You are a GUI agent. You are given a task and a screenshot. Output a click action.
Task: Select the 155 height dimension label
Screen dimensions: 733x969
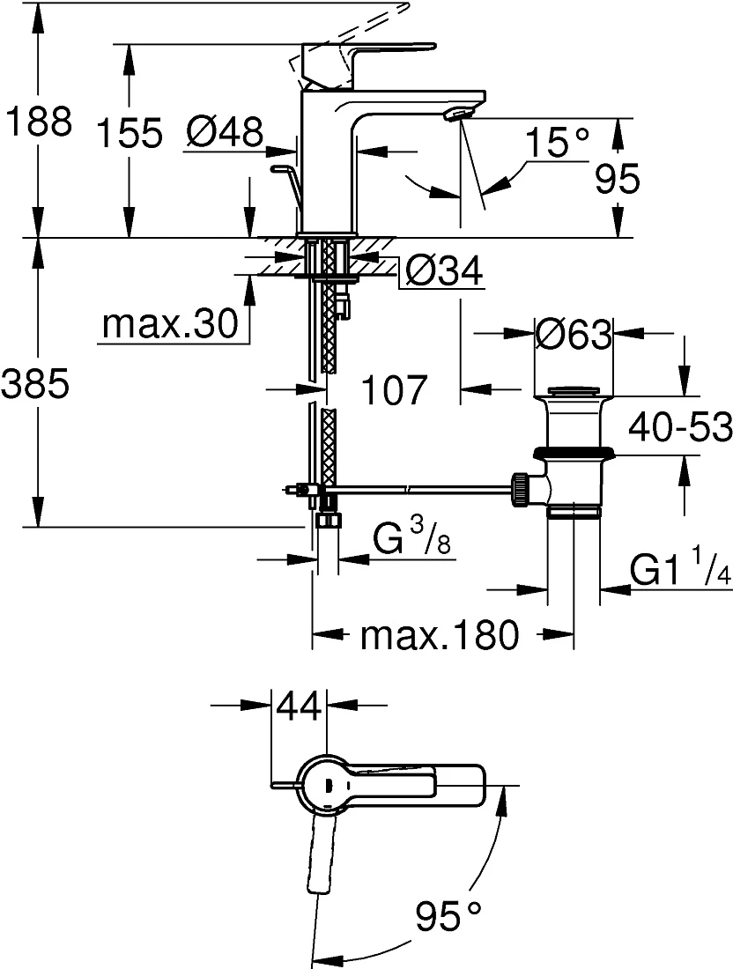(130, 132)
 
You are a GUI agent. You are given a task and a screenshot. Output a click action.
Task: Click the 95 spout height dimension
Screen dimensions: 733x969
(618, 179)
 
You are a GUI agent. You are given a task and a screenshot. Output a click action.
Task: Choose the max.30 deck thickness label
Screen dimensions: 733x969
(170, 323)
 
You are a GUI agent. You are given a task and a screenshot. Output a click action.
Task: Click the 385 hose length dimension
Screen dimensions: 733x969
(34, 384)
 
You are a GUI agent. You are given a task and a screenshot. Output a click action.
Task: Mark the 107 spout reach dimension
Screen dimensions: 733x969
(394, 390)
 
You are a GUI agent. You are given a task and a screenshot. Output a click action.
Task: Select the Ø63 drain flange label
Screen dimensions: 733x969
(574, 335)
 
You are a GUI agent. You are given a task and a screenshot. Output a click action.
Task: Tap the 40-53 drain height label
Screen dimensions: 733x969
(680, 427)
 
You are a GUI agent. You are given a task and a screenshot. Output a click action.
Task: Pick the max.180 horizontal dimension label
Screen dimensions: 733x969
(440, 634)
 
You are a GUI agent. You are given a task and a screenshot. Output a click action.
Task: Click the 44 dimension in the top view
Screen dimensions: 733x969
(300, 706)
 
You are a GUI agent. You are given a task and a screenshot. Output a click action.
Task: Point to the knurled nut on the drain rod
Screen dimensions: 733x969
(519, 490)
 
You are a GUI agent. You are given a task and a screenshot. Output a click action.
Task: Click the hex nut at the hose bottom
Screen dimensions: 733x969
(328, 520)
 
